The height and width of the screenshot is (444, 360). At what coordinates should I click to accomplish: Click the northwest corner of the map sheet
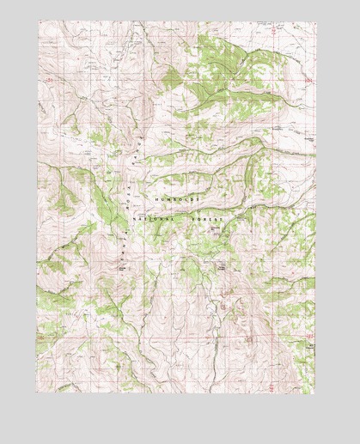point(37,21)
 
